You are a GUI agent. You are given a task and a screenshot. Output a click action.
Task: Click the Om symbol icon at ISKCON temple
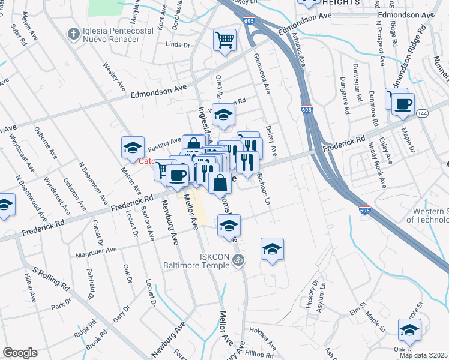pyautogui.click(x=238, y=260)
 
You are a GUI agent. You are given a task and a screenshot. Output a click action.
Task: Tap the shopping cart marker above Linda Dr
pyautogui.click(x=225, y=40)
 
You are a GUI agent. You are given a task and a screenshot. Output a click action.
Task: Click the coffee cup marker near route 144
pyautogui.click(x=403, y=103)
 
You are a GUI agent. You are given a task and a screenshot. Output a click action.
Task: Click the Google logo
pyautogui.click(x=20, y=353)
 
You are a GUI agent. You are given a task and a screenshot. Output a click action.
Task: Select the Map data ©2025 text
pyautogui.click(x=423, y=355)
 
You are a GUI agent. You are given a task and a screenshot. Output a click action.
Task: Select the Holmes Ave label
pyautogui.click(x=263, y=346)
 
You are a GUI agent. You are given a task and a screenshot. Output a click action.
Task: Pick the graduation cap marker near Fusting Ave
pyautogui.click(x=133, y=148)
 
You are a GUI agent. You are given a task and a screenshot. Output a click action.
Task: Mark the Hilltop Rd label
pyautogui.click(x=260, y=355)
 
